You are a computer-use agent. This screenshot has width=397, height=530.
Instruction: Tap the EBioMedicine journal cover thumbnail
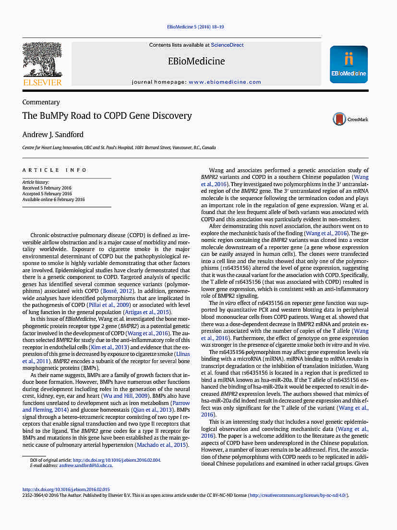pyautogui.click(x=349, y=64)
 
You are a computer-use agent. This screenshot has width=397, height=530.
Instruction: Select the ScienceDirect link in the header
pyautogui.click(x=227, y=45)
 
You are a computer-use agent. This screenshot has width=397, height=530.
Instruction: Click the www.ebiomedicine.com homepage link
pyautogui.click(x=218, y=82)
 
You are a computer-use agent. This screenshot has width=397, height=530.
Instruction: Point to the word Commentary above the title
pyautogui.click(x=41, y=102)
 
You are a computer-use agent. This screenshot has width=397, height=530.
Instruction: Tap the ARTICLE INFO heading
pyautogui.click(x=55, y=170)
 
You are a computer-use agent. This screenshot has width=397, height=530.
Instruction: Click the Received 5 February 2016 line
pyautogui.click(x=47, y=188)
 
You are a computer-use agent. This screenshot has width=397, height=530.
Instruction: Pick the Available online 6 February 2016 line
pyautogui.click(x=53, y=200)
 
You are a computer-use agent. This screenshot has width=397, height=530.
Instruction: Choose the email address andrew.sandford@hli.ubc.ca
pyautogui.click(x=85, y=466)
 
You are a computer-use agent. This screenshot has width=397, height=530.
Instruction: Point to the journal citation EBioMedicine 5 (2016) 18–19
pyautogui.click(x=195, y=27)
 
